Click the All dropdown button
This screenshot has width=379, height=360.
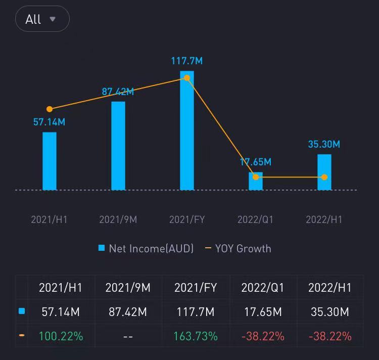tap(42, 19)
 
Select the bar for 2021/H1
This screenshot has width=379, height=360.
tap(50, 161)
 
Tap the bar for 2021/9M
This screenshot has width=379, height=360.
tap(118, 146)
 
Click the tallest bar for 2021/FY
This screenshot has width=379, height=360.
tap(187, 130)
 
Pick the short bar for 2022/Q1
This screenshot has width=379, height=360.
tap(256, 182)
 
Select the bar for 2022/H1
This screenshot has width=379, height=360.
tap(324, 172)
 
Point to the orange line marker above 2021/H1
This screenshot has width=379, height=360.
tap(50, 109)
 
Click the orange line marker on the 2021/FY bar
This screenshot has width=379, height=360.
tap(187, 78)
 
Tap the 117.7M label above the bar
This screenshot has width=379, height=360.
tap(187, 61)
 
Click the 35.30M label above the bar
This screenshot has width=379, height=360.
tap(324, 144)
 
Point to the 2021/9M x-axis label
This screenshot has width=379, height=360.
tap(118, 219)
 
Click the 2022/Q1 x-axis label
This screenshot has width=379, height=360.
tap(256, 219)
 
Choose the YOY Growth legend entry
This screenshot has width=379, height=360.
tap(238, 248)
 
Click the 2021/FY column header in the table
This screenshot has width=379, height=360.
tap(196, 288)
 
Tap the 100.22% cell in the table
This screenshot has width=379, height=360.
tap(61, 336)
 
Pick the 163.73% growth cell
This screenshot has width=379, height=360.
tap(196, 336)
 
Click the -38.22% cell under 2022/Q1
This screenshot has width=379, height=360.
tap(263, 336)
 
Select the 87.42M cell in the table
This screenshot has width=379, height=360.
tap(128, 312)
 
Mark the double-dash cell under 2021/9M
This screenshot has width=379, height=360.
tap(128, 336)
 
